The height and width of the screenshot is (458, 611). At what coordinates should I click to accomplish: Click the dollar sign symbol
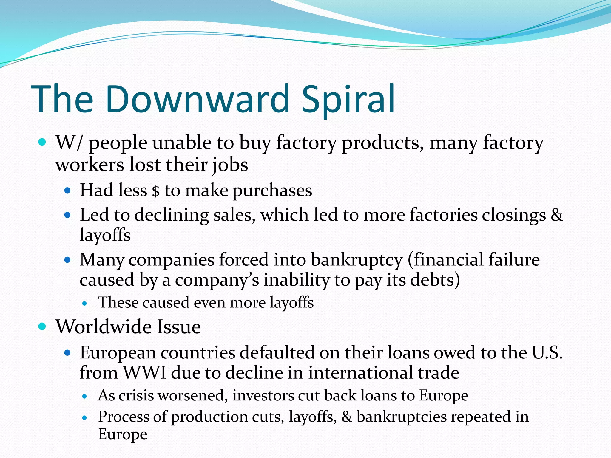point(155,191)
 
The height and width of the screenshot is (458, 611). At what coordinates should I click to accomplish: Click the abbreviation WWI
point(145,373)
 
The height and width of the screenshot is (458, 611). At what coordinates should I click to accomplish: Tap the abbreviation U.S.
point(547,352)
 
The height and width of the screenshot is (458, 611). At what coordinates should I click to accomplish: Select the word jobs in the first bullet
point(230,165)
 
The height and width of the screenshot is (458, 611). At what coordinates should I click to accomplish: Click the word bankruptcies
point(401,417)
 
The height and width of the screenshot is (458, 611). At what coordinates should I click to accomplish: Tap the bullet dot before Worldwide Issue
point(42,327)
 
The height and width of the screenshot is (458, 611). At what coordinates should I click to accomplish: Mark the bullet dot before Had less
point(67,190)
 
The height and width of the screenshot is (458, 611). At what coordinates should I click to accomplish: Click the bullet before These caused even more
point(85,304)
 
